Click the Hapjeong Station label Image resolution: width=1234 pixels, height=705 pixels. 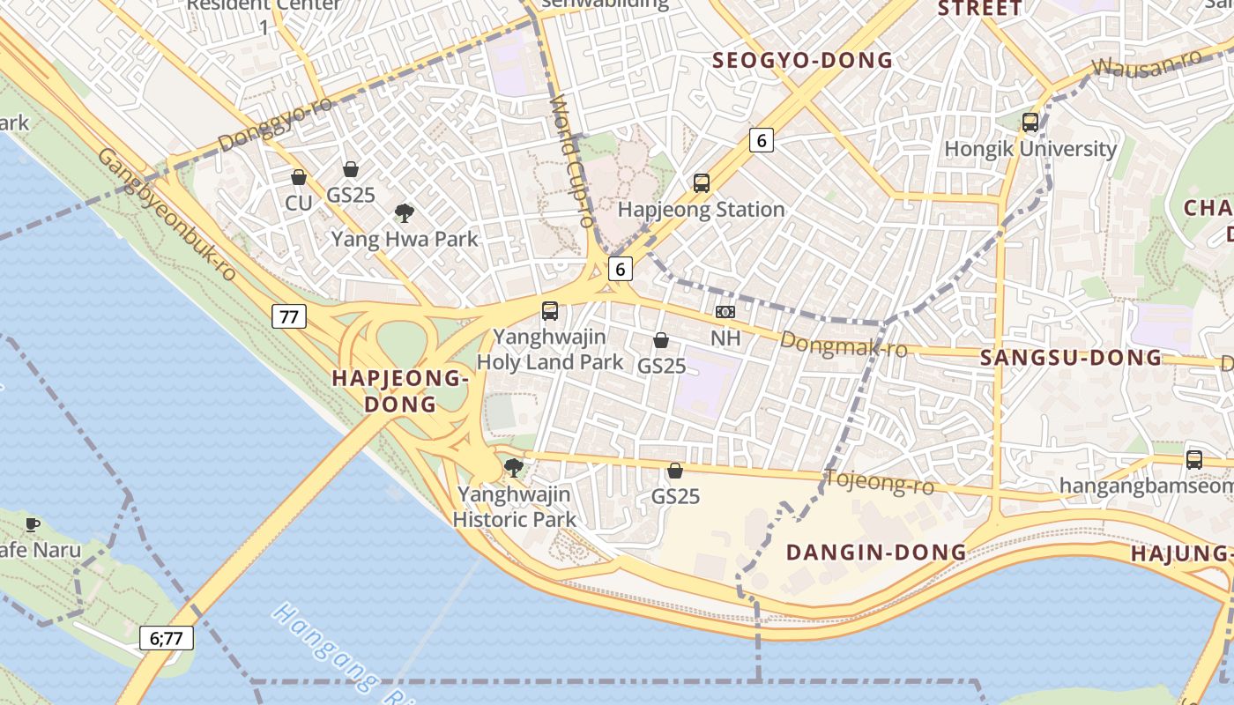(x=701, y=210)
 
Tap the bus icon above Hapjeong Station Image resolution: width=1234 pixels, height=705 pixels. (x=702, y=183)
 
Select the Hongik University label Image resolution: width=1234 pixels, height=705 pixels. (x=1030, y=149)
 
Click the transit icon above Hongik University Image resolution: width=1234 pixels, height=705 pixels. (x=1030, y=122)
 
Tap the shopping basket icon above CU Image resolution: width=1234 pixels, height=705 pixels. (x=299, y=177)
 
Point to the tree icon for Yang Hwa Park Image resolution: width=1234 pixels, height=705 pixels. (x=405, y=212)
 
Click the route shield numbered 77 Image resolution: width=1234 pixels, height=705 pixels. (x=289, y=316)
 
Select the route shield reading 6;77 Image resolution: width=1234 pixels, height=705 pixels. (x=167, y=638)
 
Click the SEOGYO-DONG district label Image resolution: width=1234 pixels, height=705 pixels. (x=802, y=61)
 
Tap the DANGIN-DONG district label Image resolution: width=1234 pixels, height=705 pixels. (x=876, y=553)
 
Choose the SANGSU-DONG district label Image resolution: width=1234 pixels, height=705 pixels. (x=1071, y=358)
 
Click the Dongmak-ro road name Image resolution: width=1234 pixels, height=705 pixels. (x=844, y=345)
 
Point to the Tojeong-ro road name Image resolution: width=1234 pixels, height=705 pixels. (x=879, y=482)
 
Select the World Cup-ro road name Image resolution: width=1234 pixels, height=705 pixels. (x=573, y=164)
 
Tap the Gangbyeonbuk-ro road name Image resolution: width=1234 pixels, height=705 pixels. (x=167, y=214)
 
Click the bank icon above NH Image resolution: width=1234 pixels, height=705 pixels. (x=725, y=312)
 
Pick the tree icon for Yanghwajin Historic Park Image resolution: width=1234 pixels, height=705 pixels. (x=514, y=468)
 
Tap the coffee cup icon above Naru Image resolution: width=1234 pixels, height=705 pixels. (x=33, y=525)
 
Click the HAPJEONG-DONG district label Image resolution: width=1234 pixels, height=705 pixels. (x=398, y=391)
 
